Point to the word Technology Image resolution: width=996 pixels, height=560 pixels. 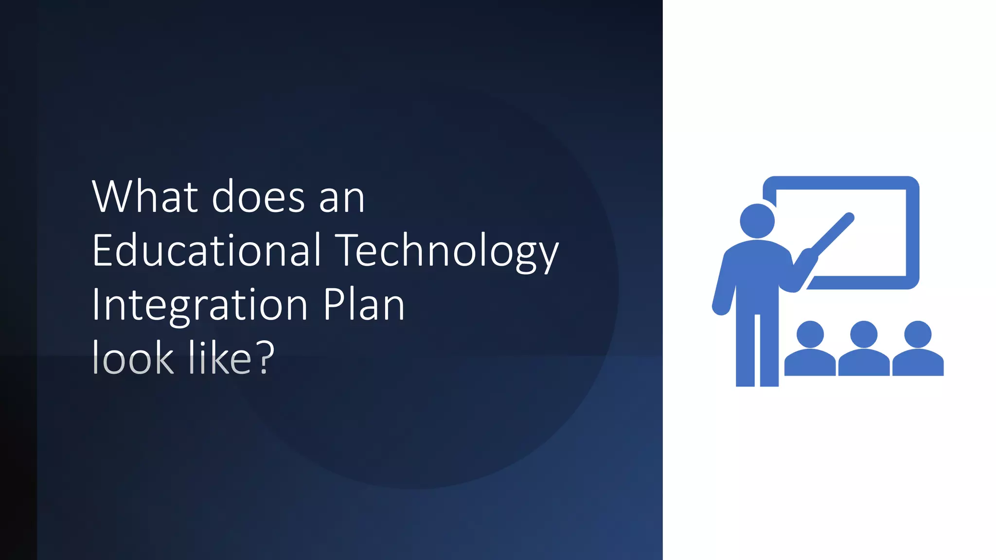(x=447, y=252)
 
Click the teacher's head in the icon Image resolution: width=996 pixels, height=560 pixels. (x=757, y=221)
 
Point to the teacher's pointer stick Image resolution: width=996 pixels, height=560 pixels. (x=833, y=235)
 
